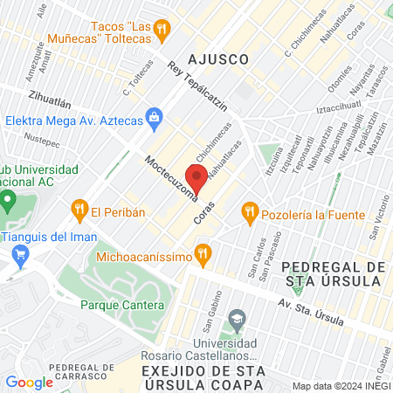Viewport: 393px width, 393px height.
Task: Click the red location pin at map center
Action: click(x=196, y=179)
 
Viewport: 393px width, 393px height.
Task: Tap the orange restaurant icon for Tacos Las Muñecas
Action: click(x=161, y=31)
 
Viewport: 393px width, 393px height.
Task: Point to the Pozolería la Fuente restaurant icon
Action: click(x=250, y=210)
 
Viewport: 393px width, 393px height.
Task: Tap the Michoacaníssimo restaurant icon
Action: click(x=203, y=254)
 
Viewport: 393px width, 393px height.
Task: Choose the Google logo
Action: click(x=29, y=382)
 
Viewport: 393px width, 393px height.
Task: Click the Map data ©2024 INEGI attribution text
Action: click(x=341, y=386)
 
